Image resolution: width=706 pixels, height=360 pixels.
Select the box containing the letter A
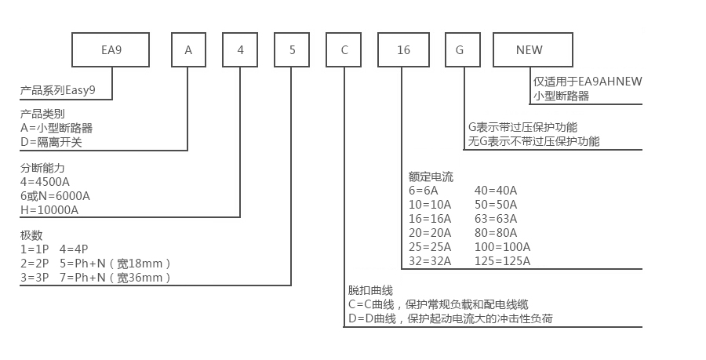pyautogui.click(x=188, y=50)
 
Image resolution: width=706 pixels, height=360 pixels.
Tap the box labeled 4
pyautogui.click(x=240, y=50)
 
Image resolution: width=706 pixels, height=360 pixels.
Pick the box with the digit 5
pyautogui.click(x=292, y=50)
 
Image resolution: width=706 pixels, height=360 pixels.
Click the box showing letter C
pyautogui.click(x=344, y=50)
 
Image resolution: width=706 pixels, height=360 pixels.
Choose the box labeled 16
pyautogui.click(x=403, y=50)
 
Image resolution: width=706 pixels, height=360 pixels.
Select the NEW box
pyautogui.click(x=529, y=50)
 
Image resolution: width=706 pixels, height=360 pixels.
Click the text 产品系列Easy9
pyautogui.click(x=58, y=90)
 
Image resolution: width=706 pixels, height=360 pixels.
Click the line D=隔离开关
pyautogui.click(x=50, y=142)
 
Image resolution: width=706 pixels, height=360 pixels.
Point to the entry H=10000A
pyautogui.click(x=49, y=209)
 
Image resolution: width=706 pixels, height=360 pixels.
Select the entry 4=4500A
pyautogui.click(x=45, y=181)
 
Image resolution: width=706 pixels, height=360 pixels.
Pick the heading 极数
pyautogui.click(x=31, y=235)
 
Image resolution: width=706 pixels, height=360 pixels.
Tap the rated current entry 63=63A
pyautogui.click(x=496, y=218)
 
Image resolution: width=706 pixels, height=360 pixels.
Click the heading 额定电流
pyautogui.click(x=431, y=176)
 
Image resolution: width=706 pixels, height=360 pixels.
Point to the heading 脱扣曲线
pyautogui.click(x=370, y=290)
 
